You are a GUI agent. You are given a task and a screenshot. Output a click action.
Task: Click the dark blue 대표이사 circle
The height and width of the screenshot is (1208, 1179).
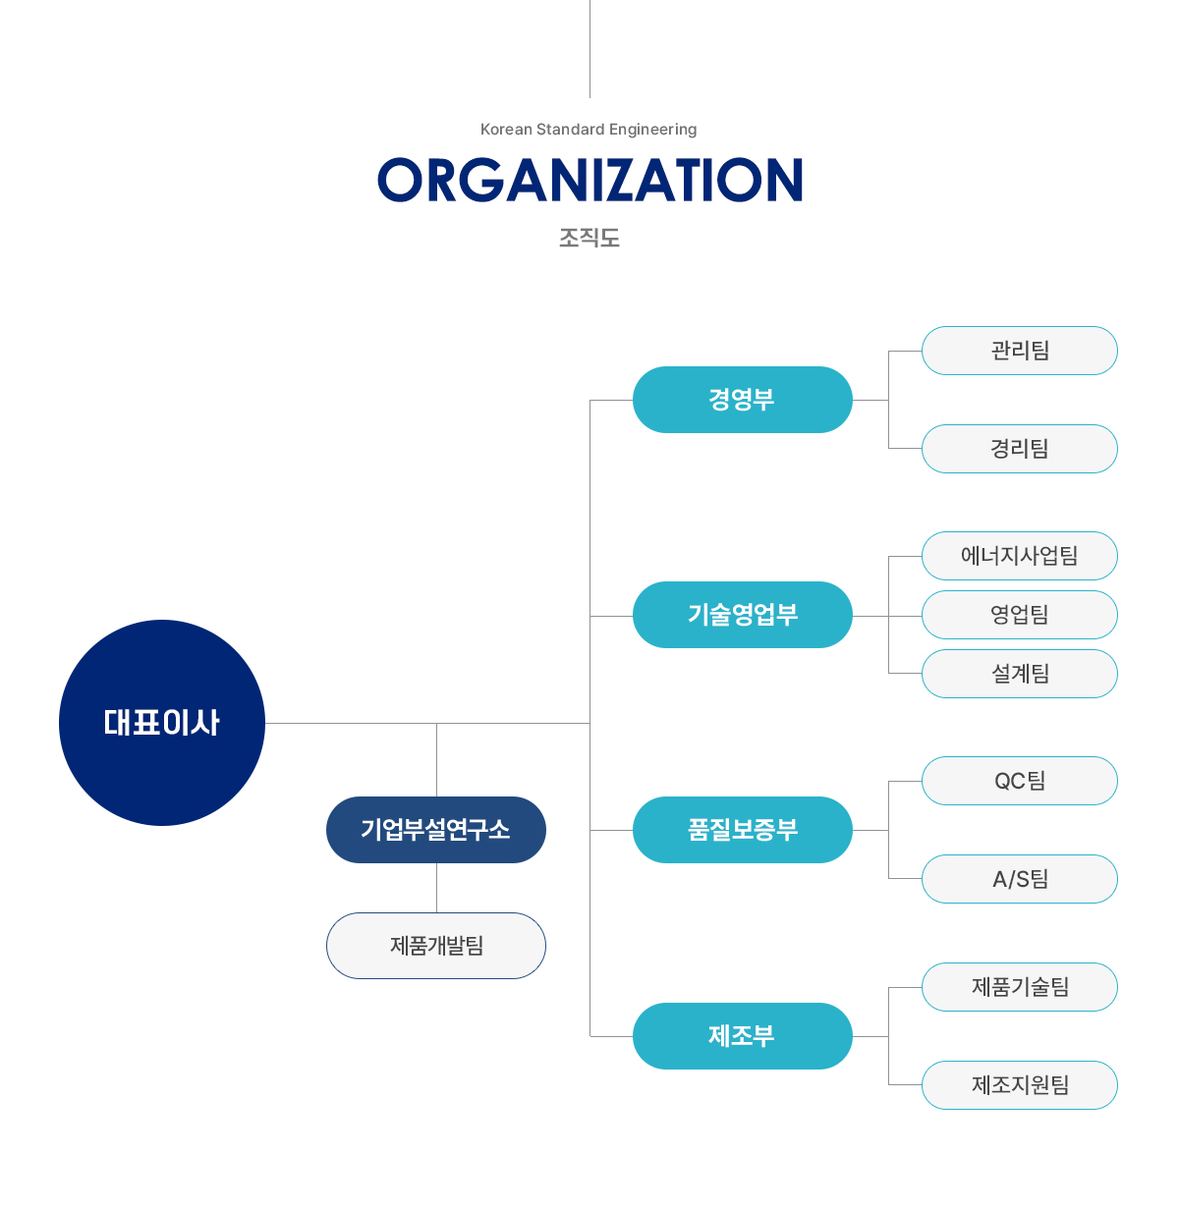[161, 722]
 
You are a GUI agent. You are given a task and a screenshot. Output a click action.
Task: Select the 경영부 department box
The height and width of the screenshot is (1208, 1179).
[742, 399]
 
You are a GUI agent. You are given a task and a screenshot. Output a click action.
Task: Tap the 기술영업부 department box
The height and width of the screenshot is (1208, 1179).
[742, 615]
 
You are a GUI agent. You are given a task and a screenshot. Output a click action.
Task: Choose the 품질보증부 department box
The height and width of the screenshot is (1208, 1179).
[742, 829]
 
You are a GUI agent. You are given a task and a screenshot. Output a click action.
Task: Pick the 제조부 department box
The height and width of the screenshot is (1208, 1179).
[742, 1035]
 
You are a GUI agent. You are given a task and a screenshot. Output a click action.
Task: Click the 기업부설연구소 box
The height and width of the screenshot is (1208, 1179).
[436, 829]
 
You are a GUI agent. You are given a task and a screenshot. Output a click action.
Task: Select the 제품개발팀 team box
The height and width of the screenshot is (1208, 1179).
[436, 946]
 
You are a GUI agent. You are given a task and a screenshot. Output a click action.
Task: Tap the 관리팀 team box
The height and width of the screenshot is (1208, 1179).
[1020, 350]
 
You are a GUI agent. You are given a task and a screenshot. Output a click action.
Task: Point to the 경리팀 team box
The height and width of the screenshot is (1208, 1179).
[1020, 448]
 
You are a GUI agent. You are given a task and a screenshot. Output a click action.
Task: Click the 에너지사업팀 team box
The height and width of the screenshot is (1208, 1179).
[1020, 556]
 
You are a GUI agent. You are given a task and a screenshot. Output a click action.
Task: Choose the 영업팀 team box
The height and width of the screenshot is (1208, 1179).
[1020, 615]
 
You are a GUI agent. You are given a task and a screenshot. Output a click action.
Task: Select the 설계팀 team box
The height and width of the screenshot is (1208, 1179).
[1020, 674]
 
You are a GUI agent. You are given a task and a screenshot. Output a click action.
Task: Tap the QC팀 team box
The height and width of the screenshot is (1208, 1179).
[1020, 781]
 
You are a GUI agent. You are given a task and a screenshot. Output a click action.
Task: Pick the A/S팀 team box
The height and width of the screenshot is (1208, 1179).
[1020, 878]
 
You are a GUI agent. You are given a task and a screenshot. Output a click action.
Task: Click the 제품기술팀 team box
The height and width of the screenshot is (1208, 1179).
[1020, 986]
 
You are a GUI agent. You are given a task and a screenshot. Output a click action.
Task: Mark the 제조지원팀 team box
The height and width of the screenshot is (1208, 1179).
[1020, 1084]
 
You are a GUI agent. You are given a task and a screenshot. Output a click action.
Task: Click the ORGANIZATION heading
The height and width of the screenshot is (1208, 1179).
[589, 180]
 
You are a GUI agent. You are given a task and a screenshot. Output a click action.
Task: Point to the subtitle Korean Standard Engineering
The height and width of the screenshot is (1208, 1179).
[589, 129]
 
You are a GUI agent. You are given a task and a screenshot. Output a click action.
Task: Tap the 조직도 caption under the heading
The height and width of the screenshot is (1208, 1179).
[589, 237]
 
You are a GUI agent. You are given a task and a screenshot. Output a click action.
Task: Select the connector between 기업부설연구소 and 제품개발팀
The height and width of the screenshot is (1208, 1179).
[436, 888]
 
